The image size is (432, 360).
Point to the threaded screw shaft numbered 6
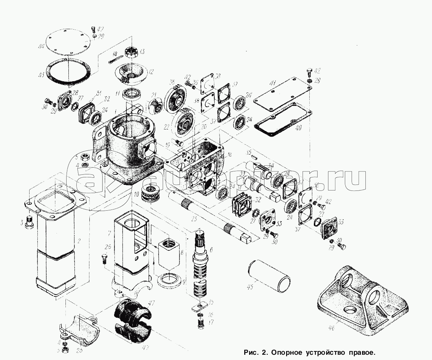click(x=202, y=268)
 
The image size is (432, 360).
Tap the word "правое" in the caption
click(x=359, y=353)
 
